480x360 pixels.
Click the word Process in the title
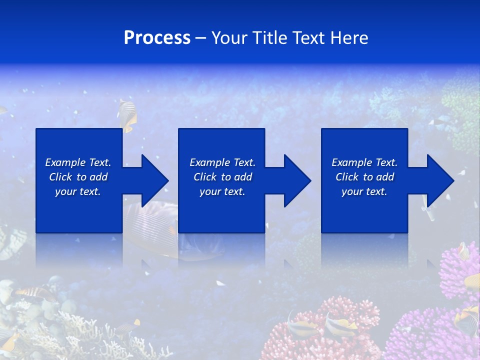click(157, 38)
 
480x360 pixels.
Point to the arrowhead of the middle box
click(297, 180)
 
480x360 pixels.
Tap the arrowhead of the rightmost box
click(440, 180)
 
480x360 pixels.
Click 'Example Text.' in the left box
click(78, 162)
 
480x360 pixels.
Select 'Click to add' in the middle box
click(222, 177)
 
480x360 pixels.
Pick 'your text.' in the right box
click(364, 191)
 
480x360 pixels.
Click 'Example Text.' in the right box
click(364, 162)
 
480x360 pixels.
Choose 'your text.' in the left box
click(78, 191)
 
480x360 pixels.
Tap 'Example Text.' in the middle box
click(222, 162)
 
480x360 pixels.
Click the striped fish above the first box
click(127, 114)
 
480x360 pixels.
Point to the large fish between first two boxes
click(150, 225)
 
